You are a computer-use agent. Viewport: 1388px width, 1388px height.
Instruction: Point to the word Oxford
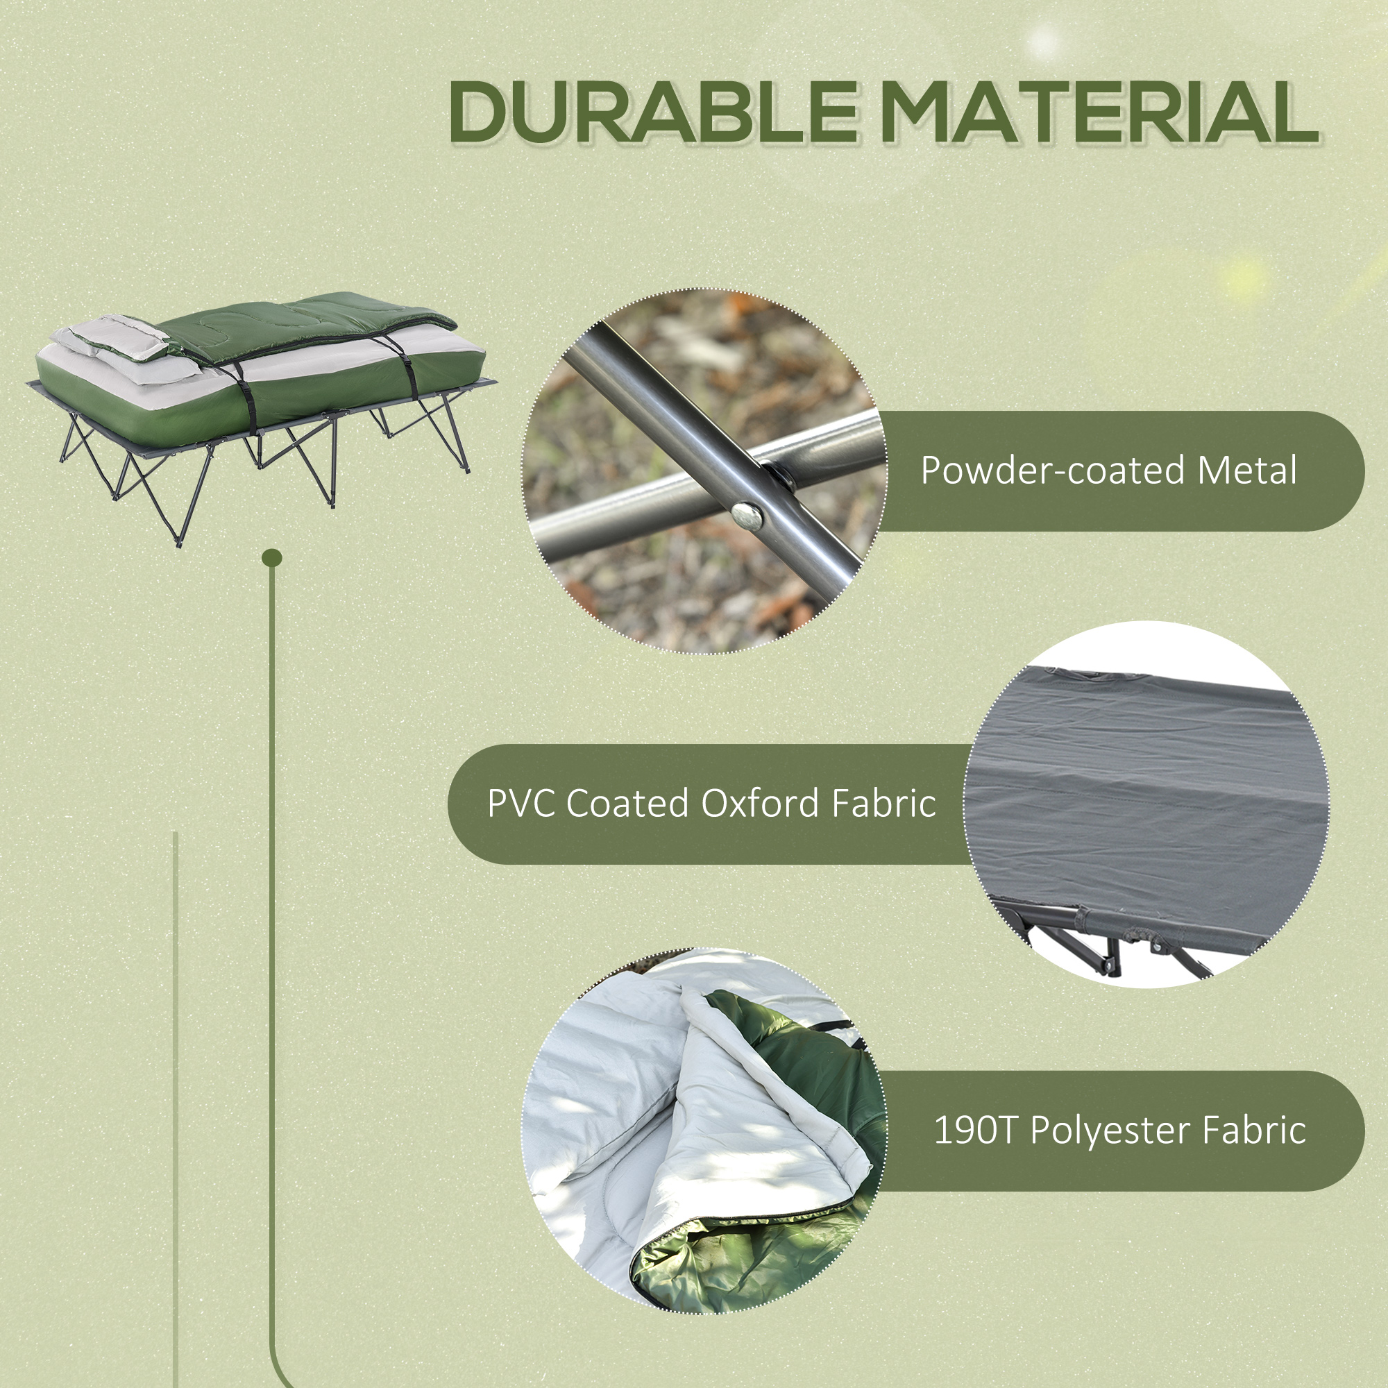coord(760,803)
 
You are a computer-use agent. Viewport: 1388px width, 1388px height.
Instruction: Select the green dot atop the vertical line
coord(272,557)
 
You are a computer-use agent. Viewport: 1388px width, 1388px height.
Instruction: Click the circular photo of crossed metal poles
coord(704,471)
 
